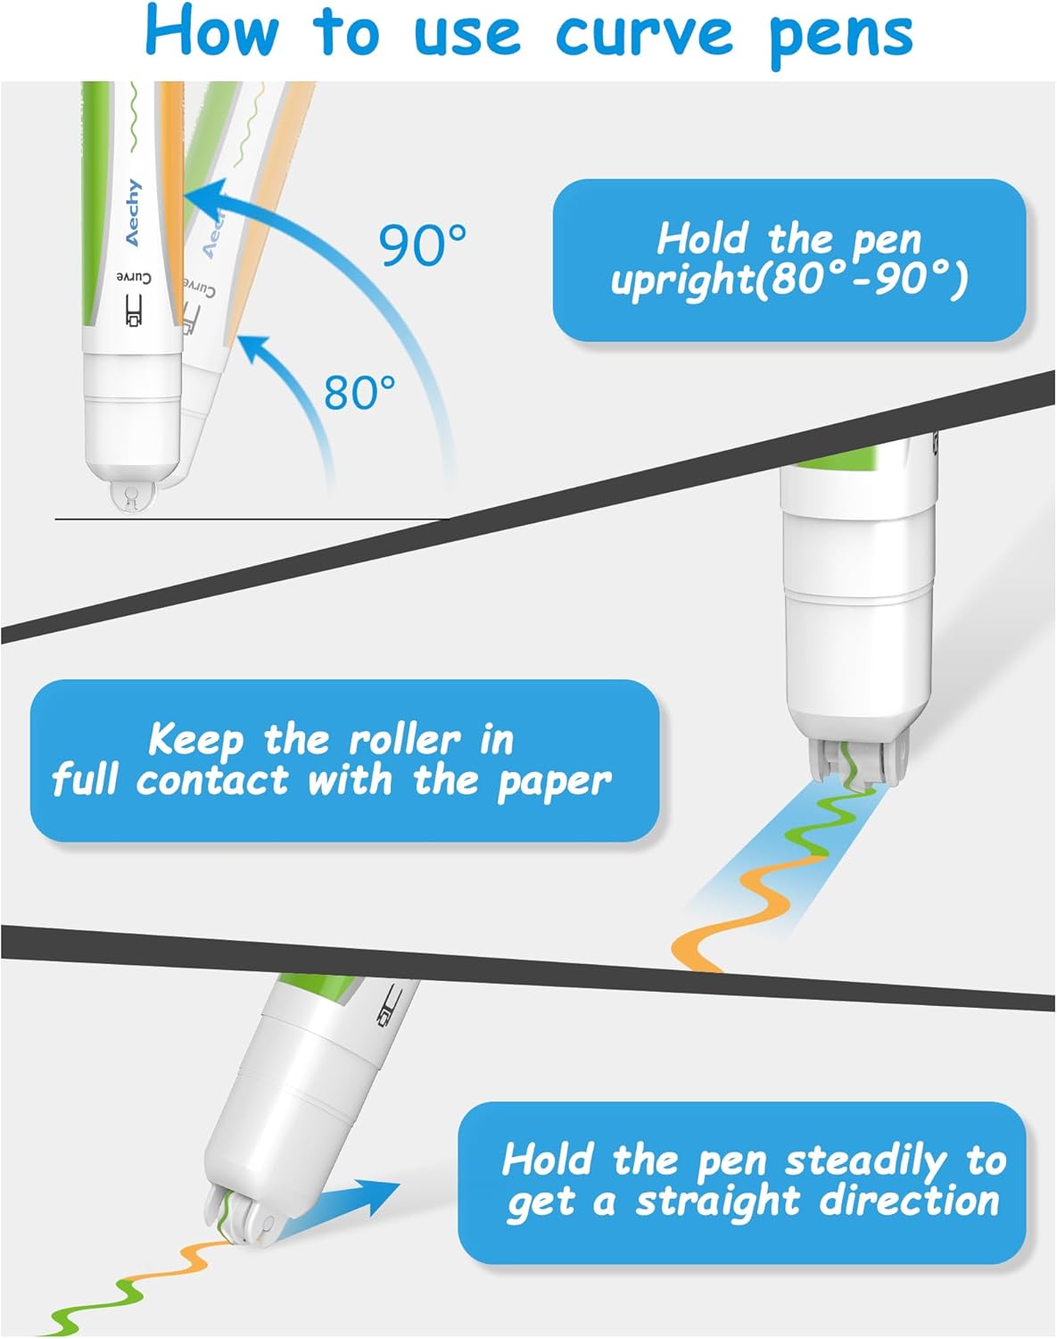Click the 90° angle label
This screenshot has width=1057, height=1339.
423,245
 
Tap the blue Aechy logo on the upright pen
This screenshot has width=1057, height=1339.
134,212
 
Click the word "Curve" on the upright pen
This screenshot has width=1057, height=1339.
134,278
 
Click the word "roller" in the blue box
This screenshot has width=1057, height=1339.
405,740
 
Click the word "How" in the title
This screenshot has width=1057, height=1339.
211,32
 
